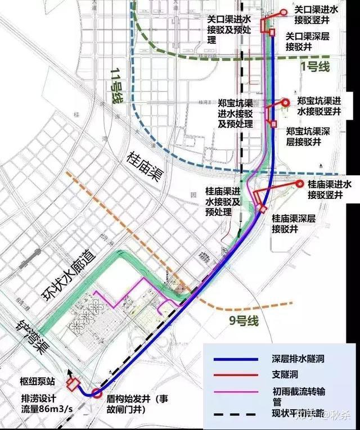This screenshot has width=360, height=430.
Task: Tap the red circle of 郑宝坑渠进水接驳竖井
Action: coord(285,102)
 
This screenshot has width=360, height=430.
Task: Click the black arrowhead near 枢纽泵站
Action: coord(70,372)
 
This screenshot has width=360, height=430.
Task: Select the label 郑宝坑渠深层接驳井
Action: coord(308,136)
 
